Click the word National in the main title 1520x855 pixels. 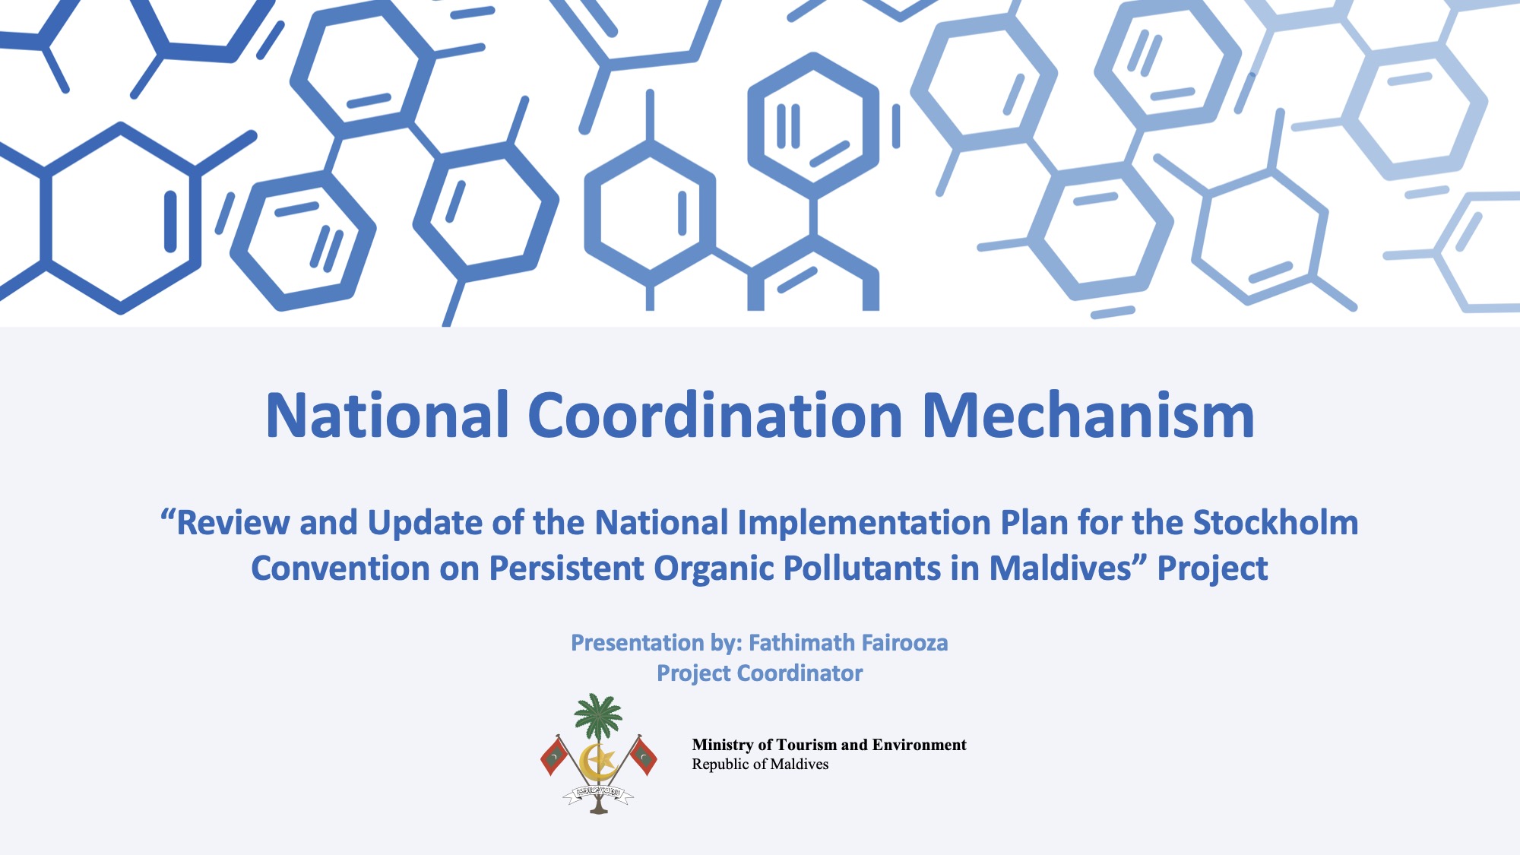click(387, 416)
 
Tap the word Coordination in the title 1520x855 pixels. click(715, 416)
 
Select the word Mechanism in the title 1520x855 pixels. click(1088, 416)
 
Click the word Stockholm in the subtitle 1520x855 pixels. click(1275, 522)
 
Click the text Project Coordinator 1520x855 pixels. click(760, 673)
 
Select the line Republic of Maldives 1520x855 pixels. click(760, 764)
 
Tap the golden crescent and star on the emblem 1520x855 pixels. click(597, 760)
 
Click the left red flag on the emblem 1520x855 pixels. click(554, 756)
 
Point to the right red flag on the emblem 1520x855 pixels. click(643, 756)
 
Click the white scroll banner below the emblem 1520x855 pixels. click(598, 793)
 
